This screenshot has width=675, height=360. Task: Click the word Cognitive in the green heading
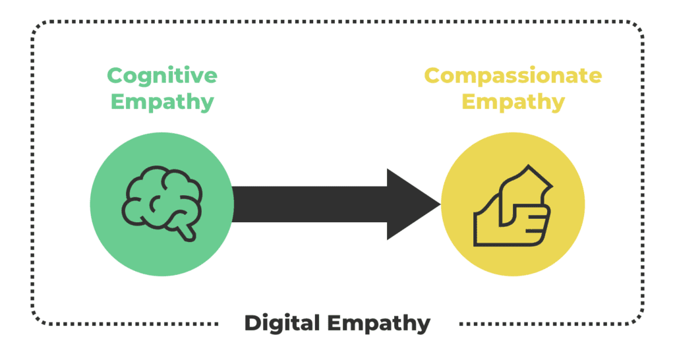162,76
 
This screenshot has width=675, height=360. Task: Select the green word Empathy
162,102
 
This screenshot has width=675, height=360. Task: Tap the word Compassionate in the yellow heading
513,76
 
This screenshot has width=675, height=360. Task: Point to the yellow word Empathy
513,102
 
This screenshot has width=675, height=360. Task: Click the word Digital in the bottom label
282,324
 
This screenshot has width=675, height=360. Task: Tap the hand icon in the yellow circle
513,206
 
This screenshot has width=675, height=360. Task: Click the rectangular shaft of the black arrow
310,204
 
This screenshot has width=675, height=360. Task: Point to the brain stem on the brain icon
187,231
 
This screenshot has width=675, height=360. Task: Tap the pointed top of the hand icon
528,165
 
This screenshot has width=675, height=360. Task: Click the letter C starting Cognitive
115,76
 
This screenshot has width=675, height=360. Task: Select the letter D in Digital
253,323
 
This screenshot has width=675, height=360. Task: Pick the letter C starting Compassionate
432,76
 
